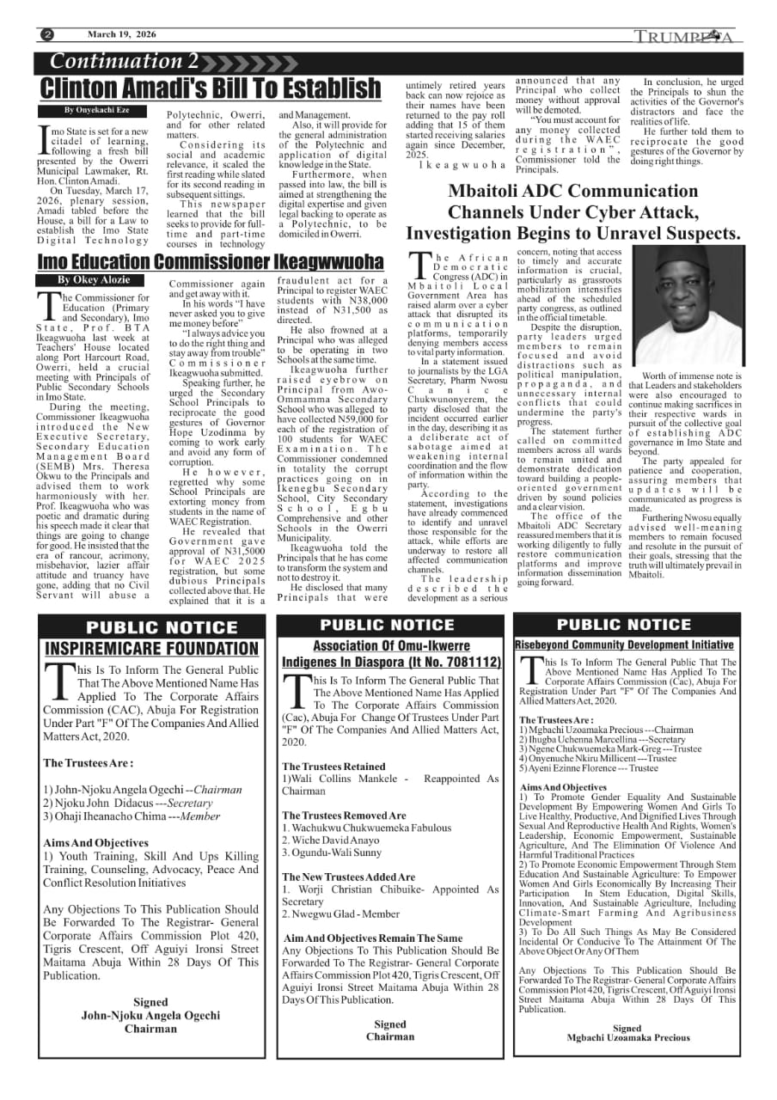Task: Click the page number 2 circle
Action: pos(47,35)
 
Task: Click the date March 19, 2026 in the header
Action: pos(121,35)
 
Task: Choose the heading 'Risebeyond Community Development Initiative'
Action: pos(624,645)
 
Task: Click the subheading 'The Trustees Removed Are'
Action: pos(344,816)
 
